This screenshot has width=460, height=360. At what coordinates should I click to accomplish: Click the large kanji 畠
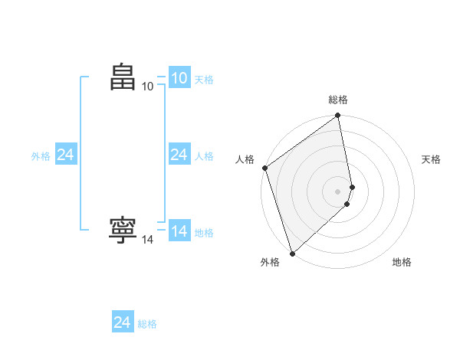point(123,77)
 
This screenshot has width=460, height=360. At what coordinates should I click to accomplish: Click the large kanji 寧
point(123,231)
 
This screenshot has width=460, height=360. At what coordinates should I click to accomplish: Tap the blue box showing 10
point(179,78)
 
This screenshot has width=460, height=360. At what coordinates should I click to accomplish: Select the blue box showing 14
point(179,231)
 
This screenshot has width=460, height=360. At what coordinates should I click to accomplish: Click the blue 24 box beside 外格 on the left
point(66,155)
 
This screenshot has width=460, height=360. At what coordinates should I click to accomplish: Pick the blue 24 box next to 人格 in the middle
point(179,155)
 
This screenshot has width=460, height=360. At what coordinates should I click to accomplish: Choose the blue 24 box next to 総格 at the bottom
point(123,322)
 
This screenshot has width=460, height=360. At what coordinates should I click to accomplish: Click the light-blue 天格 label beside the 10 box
point(204,80)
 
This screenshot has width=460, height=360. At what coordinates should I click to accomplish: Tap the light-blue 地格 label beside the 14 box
point(204,233)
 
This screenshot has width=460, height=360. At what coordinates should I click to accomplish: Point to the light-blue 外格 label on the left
point(41,156)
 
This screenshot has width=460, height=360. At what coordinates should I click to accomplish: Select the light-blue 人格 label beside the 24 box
point(204,156)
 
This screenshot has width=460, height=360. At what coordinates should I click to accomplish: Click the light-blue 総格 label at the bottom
point(147,324)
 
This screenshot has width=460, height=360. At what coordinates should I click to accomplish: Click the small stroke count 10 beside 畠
point(148,87)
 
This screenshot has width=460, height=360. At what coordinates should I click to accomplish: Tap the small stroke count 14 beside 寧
point(148,240)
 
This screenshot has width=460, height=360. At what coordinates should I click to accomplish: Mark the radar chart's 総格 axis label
point(338,100)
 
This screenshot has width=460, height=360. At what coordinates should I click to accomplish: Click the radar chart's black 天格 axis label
point(431,159)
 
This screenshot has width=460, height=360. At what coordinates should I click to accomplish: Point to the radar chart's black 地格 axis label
point(402,262)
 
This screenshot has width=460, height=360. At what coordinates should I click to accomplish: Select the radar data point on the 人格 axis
point(264,168)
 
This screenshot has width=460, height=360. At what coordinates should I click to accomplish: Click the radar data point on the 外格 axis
point(291,253)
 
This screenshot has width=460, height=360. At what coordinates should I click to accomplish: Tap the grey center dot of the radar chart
point(338,191)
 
